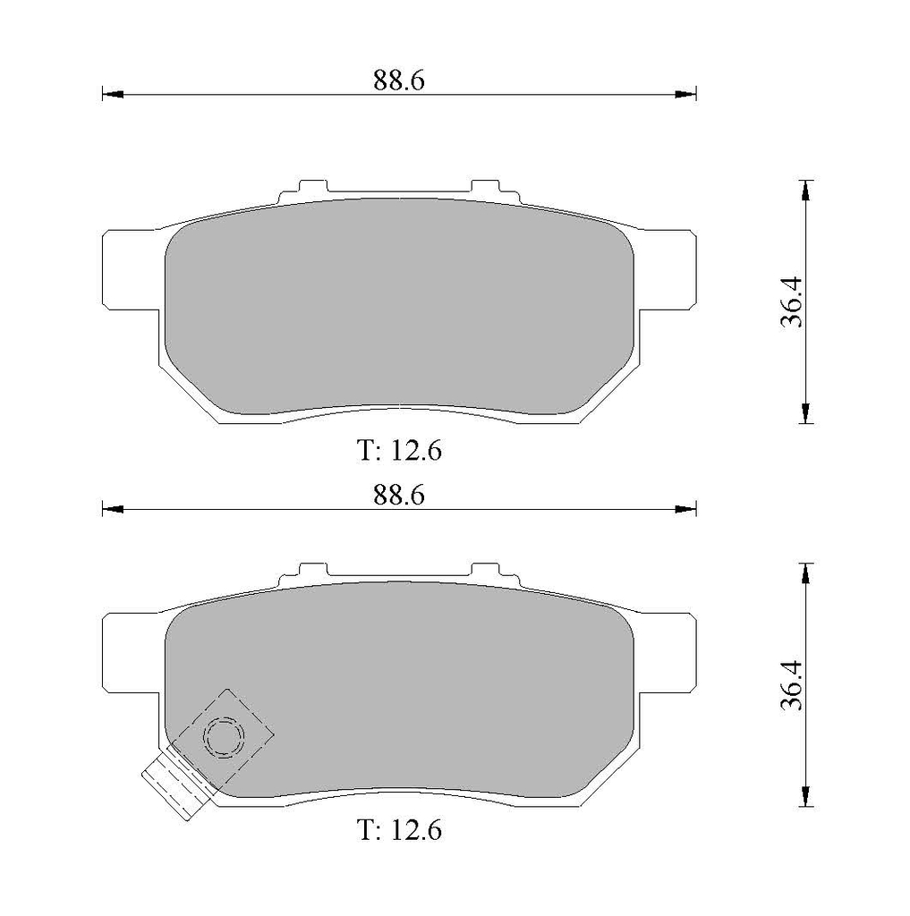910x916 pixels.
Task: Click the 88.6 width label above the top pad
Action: point(398,80)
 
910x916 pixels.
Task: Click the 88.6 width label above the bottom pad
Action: point(398,496)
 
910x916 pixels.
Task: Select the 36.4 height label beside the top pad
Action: point(793,301)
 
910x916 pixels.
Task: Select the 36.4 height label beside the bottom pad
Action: point(793,684)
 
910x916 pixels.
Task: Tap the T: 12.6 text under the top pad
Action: point(399,451)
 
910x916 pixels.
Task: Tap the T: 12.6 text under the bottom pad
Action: point(399,829)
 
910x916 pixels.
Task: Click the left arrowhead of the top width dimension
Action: point(113,94)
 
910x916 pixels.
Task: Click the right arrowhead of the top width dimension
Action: point(685,94)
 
